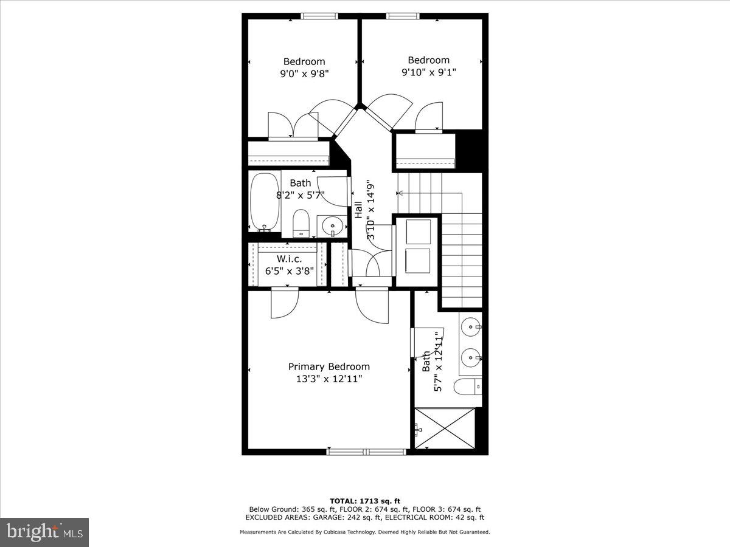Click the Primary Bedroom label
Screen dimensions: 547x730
point(328,366)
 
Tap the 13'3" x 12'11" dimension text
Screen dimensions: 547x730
point(328,379)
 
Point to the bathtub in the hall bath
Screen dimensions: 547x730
point(265,202)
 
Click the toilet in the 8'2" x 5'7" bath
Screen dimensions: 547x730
point(301,223)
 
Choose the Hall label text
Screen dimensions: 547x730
point(359,210)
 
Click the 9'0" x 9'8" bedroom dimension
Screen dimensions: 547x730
point(304,74)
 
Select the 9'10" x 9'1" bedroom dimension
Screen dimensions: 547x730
point(428,72)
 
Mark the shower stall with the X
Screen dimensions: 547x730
point(444,428)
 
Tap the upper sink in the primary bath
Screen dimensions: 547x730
point(471,328)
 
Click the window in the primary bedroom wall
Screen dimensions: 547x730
point(366,452)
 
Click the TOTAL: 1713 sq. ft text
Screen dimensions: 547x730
point(365,501)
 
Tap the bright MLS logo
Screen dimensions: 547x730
point(44,532)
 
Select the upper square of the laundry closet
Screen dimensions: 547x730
point(418,231)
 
